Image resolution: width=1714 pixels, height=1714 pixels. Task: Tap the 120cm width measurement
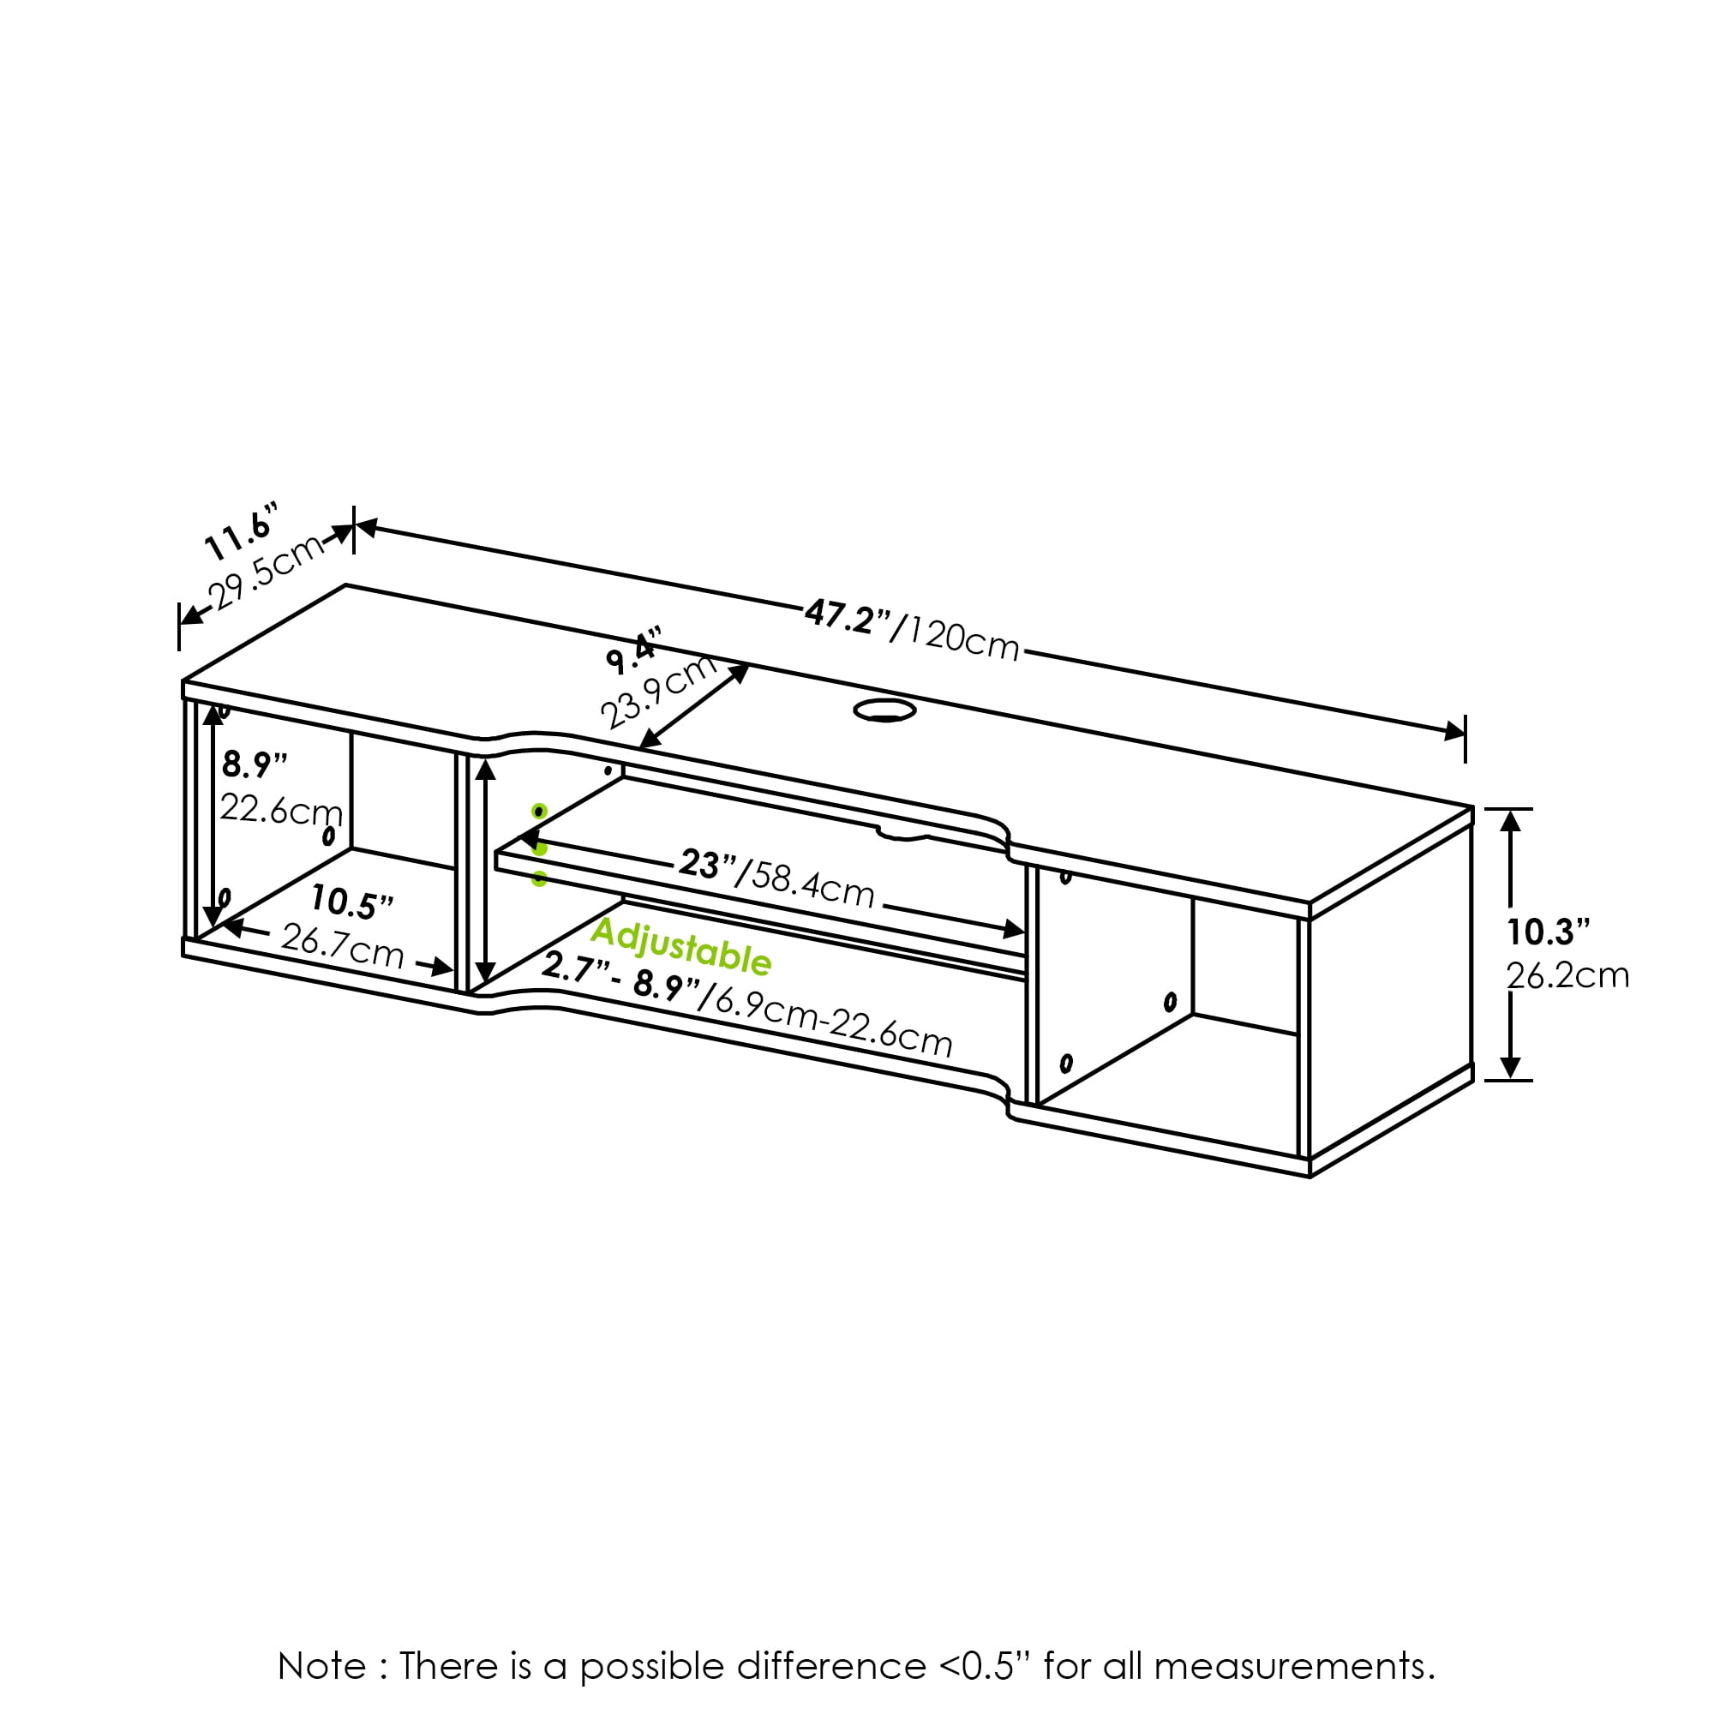pyautogui.click(x=963, y=638)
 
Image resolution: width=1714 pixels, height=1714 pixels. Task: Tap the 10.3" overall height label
pyautogui.click(x=1548, y=932)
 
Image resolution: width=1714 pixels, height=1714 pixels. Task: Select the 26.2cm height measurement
pyautogui.click(x=1567, y=976)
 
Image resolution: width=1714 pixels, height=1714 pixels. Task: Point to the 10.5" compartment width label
pyautogui.click(x=351, y=903)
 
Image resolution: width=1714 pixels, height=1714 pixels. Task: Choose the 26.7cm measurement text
pyautogui.click(x=343, y=947)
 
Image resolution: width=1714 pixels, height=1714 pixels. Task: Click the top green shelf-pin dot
pyautogui.click(x=539, y=812)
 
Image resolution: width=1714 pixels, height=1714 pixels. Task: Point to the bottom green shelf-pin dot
pyautogui.click(x=539, y=879)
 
